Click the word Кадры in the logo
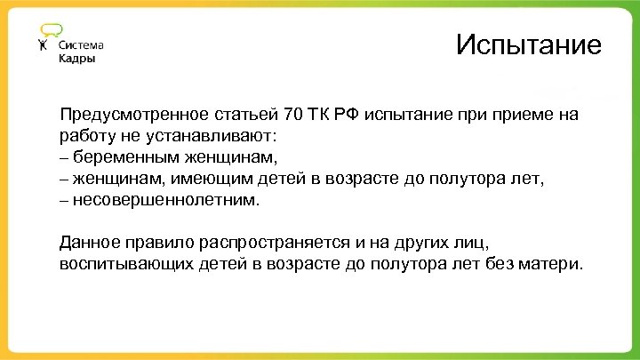[x=77, y=59]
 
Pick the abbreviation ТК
[x=322, y=115]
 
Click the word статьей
[x=246, y=115]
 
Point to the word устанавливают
[x=222, y=136]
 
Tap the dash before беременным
[x=65, y=157]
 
